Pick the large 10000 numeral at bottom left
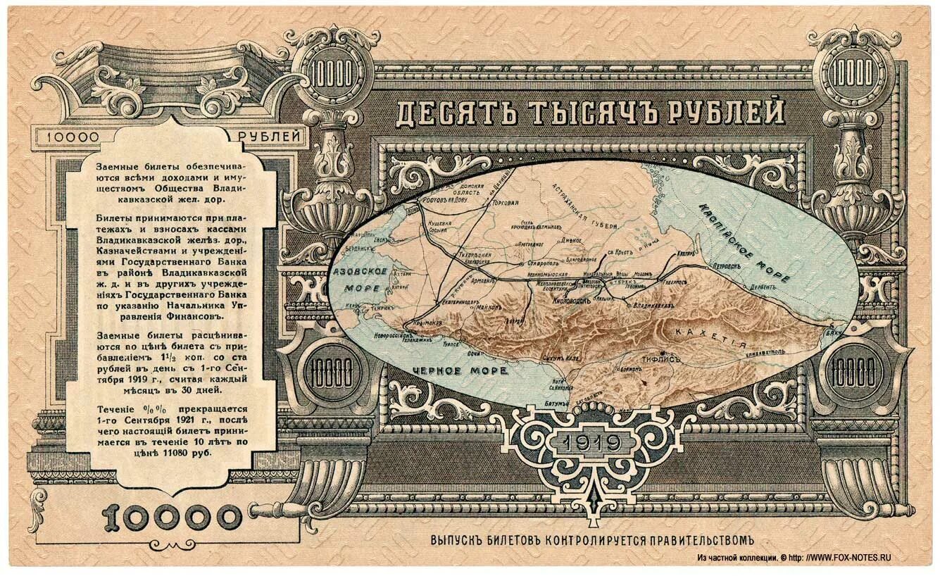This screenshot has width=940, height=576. [x=172, y=519]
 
